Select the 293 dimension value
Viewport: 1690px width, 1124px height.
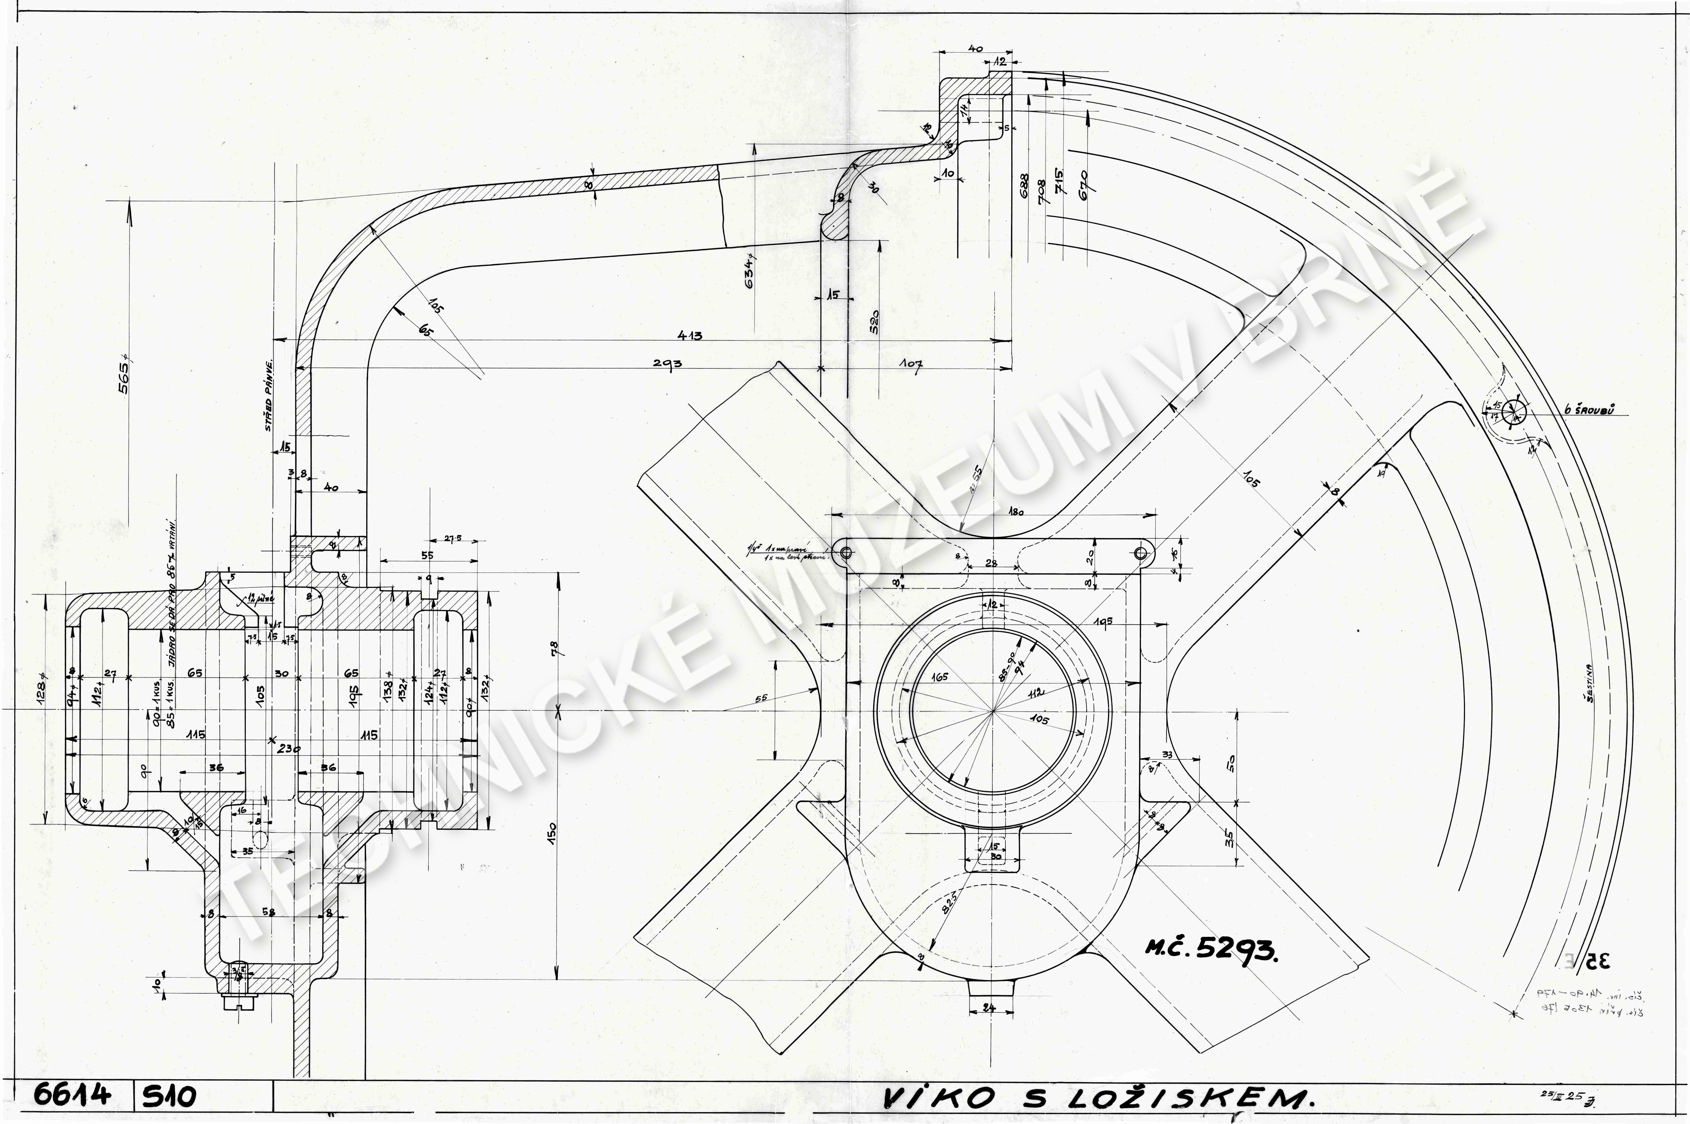667,363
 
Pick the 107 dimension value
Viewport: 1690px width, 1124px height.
911,364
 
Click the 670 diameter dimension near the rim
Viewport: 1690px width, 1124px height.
1083,185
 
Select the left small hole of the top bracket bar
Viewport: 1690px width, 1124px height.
846,552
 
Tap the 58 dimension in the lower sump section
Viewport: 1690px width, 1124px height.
268,913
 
